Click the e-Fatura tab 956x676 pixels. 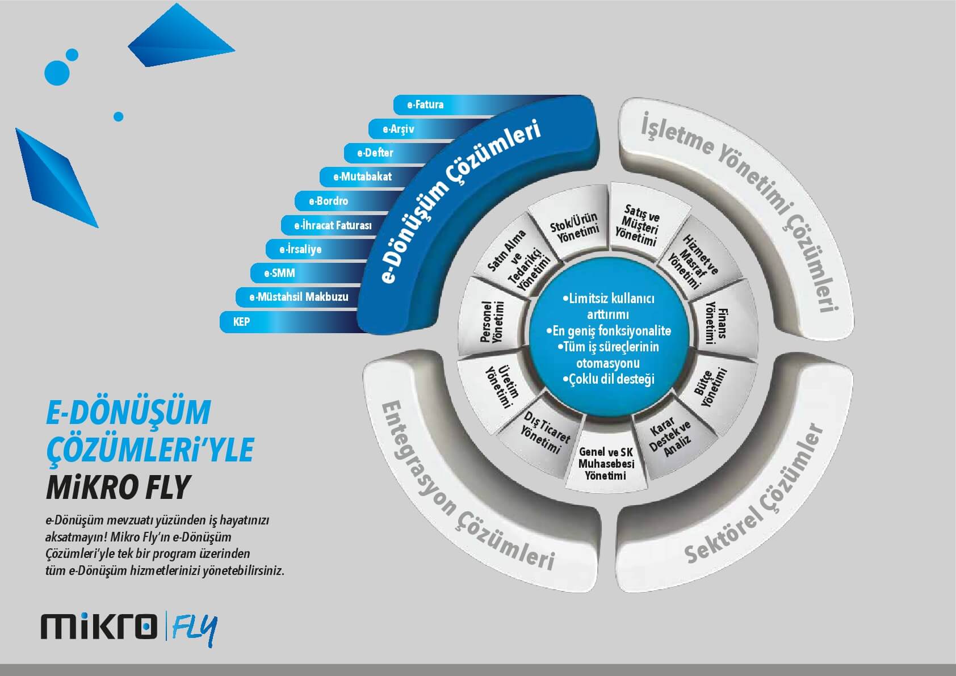click(448, 105)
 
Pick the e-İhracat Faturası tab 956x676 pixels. click(333, 225)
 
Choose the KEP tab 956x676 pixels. click(290, 322)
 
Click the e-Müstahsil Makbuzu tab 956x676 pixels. click(299, 297)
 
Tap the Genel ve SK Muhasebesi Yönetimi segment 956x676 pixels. click(606, 463)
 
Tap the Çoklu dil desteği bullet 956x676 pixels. click(608, 379)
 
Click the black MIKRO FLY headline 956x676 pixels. click(118, 487)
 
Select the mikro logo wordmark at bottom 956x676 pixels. click(99, 626)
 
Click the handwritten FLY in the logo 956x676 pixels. click(195, 629)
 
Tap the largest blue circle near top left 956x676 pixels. click(57, 73)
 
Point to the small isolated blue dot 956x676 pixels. click(119, 116)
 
